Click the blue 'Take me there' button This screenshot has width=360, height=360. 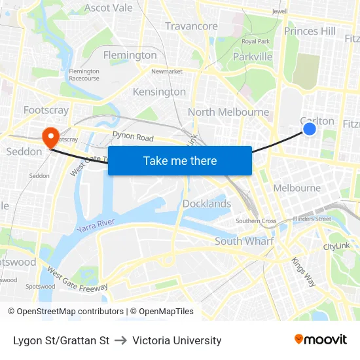179,160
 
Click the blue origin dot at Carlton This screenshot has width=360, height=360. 310,130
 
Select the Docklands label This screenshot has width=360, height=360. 206,204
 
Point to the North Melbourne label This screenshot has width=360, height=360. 228,112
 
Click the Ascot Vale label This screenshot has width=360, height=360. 109,8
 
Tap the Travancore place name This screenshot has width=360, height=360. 191,26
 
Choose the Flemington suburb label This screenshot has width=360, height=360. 130,55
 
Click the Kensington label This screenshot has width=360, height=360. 159,92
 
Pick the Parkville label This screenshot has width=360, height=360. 253,57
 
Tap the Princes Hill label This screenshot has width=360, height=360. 310,31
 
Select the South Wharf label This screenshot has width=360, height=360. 244,242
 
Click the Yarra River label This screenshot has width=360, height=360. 96,226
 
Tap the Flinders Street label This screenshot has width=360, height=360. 312,219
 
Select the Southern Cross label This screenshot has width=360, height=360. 256,221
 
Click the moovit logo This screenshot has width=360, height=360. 320,339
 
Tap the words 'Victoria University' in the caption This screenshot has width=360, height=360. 177,340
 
